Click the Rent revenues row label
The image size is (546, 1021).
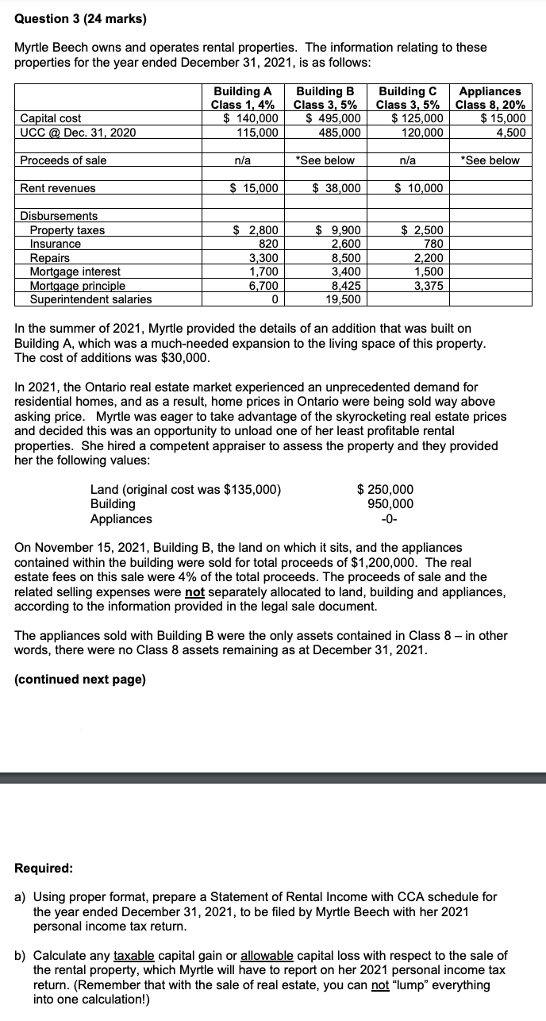[58, 188]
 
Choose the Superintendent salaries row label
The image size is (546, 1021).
[90, 299]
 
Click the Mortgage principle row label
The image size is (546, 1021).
[77, 286]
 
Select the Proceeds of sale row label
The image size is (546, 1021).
[63, 160]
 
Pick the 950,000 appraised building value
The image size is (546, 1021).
[390, 504]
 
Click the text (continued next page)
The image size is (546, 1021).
[80, 680]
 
